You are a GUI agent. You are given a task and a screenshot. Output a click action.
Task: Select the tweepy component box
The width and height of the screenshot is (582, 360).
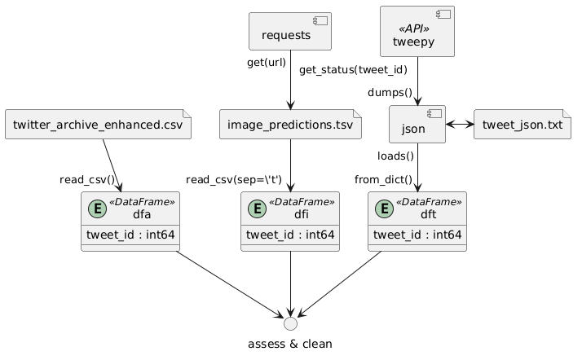click(417, 31)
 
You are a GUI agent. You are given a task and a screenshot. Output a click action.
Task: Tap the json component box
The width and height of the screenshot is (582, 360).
click(417, 125)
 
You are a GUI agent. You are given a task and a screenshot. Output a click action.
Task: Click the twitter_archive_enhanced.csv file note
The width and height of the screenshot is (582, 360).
click(98, 125)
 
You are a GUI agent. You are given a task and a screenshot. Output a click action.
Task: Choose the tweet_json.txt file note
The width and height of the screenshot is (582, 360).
click(522, 125)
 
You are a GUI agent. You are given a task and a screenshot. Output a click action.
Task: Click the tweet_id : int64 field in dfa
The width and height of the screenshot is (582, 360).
click(130, 235)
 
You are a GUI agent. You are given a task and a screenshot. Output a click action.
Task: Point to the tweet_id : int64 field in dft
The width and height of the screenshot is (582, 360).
click(418, 235)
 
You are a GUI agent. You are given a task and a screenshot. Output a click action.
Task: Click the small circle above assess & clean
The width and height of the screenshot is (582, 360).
click(290, 320)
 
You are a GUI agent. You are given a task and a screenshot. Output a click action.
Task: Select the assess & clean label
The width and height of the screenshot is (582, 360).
click(290, 344)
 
